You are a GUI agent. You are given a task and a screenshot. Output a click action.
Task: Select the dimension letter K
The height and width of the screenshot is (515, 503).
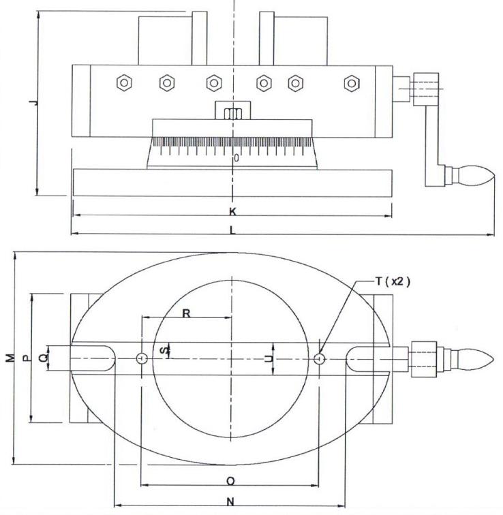(x=233, y=211)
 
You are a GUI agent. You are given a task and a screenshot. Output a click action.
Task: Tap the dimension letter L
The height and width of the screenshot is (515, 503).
(x=233, y=230)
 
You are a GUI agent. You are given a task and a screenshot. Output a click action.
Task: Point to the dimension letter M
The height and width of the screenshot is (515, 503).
(x=9, y=358)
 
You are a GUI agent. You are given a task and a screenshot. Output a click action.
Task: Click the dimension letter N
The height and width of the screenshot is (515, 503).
(x=230, y=502)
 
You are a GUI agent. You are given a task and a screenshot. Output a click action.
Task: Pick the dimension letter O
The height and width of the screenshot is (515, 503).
(x=230, y=481)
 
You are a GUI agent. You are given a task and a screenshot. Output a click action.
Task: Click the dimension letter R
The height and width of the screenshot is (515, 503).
(x=186, y=313)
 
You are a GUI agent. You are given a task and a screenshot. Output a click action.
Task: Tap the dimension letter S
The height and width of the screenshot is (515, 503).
(x=162, y=350)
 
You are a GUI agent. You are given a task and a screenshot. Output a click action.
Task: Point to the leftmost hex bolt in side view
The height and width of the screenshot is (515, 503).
(x=123, y=82)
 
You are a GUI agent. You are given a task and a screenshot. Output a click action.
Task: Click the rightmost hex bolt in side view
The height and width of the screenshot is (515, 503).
(x=351, y=82)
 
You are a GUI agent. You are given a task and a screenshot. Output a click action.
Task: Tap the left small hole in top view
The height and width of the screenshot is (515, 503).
(x=141, y=358)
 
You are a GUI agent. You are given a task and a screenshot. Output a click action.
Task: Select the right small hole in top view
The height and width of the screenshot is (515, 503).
(x=320, y=358)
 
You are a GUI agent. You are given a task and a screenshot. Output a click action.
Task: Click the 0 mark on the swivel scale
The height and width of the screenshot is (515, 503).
(x=236, y=158)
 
